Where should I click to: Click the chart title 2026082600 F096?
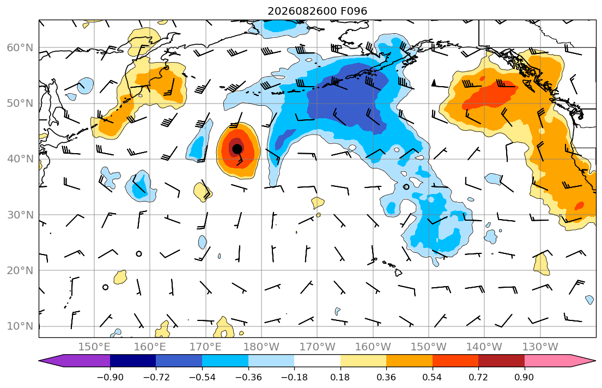click(317, 11)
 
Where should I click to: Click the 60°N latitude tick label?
click(20, 47)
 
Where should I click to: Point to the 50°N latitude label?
click(20, 104)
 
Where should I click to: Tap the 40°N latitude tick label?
click(20, 159)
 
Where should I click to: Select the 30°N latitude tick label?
click(20, 215)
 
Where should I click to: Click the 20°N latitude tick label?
click(20, 270)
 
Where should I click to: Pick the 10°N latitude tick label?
click(20, 326)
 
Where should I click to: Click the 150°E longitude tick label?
click(94, 347)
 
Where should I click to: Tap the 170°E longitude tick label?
click(206, 347)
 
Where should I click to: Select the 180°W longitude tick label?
click(262, 347)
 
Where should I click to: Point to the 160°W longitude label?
click(373, 347)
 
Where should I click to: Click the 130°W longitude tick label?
click(540, 347)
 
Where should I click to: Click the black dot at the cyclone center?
click(238, 148)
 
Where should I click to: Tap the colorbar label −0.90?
click(110, 377)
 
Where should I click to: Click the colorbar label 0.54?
click(433, 377)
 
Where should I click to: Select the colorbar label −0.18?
click(295, 377)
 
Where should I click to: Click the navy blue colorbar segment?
click(133, 361)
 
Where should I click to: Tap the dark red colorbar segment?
click(501, 361)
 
